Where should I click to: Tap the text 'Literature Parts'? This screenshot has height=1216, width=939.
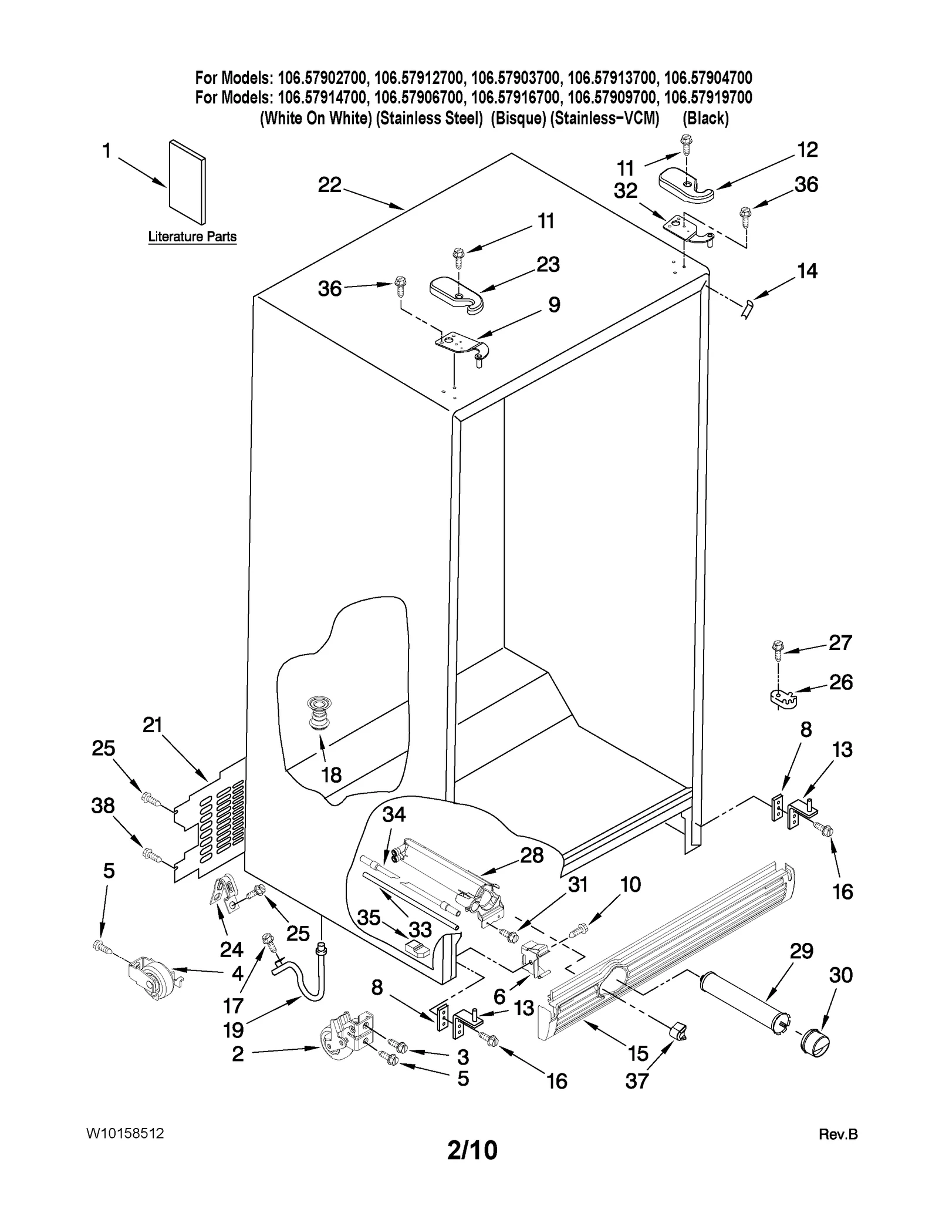coord(192,237)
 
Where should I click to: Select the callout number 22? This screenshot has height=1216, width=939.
coord(329,185)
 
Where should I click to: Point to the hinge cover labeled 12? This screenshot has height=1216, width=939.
coord(685,184)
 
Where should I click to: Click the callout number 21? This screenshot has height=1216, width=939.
coord(152,726)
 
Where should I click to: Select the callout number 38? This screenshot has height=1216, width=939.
coord(103,806)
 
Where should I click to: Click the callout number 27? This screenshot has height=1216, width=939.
coord(839,643)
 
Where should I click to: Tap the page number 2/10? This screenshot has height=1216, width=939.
coord(471,1150)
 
